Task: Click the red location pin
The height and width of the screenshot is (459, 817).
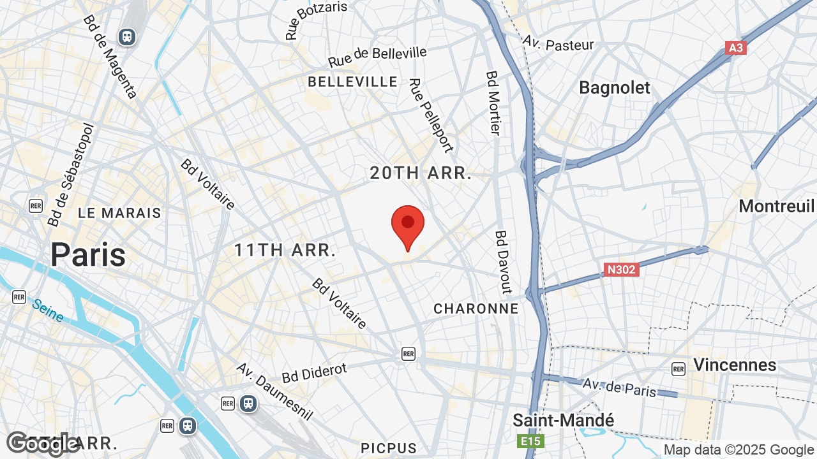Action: [x=408, y=227]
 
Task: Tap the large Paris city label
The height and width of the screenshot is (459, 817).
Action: [x=88, y=254]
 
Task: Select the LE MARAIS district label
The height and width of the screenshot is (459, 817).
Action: [x=120, y=213]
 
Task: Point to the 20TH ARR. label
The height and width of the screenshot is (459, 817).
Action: [x=421, y=173]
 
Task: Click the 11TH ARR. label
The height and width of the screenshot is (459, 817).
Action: [x=285, y=250]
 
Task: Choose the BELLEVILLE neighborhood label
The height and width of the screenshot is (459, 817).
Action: [x=353, y=82]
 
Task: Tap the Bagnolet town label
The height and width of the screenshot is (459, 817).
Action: [x=614, y=88]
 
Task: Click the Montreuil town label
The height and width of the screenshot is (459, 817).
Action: [x=776, y=206]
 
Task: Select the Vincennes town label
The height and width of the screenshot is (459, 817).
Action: [x=735, y=365]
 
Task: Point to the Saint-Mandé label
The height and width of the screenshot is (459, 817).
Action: [x=564, y=421]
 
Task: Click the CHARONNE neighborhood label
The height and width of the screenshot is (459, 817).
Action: [x=476, y=309]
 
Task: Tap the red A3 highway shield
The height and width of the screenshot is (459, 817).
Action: [x=736, y=48]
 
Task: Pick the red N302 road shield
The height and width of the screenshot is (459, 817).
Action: [x=621, y=270]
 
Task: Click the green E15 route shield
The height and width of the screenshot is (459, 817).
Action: [x=526, y=441]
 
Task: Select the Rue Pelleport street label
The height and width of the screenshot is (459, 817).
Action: [x=431, y=115]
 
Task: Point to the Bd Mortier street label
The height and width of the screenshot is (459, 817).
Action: [x=493, y=103]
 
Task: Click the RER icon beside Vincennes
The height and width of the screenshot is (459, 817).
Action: [x=678, y=368]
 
